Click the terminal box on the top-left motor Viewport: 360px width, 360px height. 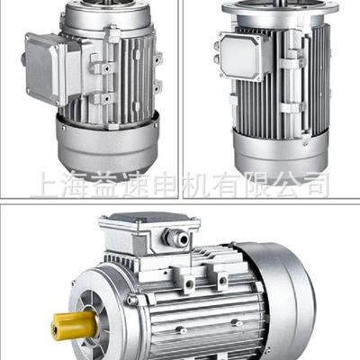(45, 68)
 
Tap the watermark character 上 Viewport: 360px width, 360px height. (44, 185)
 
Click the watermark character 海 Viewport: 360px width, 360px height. (76, 185)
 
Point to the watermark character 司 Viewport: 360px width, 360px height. (315, 185)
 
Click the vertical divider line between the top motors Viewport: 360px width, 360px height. (183, 90)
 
